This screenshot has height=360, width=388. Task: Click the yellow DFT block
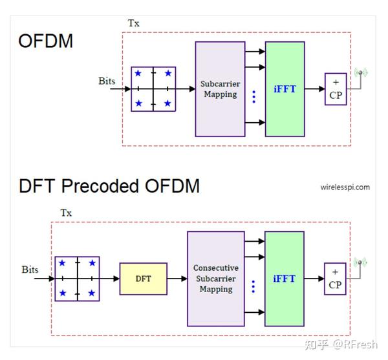pos(143,279)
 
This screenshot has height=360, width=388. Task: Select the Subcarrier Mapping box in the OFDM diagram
pos(220,89)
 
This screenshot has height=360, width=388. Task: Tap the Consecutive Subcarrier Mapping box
pos(215,279)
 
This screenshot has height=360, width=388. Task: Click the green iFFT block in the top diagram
pos(285,89)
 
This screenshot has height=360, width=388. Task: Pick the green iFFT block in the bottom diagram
pos(285,279)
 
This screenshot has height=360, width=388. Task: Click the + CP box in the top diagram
pos(336,89)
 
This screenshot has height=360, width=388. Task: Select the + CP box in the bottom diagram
pos(335,279)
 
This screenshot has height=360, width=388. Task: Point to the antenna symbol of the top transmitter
pos(360,73)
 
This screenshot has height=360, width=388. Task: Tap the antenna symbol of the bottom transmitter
pos(360,263)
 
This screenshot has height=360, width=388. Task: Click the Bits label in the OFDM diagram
pos(107,81)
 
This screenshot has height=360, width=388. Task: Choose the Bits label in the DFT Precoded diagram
pos(30,270)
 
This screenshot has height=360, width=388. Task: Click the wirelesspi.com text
pos(345,187)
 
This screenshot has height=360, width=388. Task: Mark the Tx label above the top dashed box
pos(133,23)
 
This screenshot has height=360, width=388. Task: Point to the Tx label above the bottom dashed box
pos(66,213)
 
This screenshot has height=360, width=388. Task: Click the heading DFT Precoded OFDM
pos(109,186)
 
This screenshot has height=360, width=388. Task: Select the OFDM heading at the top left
pos(45,41)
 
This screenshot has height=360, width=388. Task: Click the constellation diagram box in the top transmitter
pos(153,89)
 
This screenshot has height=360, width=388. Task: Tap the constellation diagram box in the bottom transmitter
pos(77,279)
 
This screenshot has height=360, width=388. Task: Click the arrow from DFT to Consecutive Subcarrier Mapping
pos(177,279)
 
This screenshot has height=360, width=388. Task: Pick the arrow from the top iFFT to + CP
pos(314,89)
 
